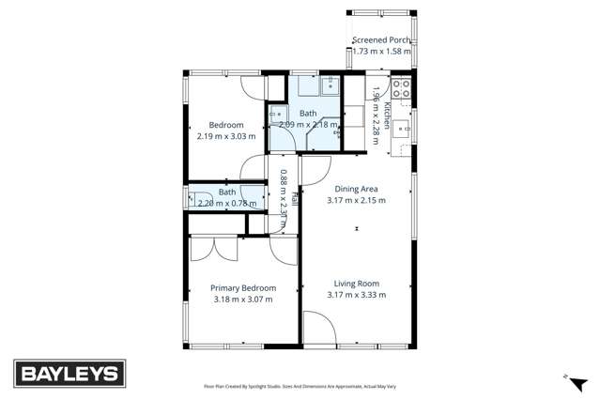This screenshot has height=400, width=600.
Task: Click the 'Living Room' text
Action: click(356, 284)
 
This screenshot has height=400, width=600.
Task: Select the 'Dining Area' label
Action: click(356, 188)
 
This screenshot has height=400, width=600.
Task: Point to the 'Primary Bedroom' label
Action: click(243, 288)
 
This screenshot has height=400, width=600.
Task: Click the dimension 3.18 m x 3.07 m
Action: click(243, 300)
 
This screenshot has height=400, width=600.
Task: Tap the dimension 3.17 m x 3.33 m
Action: click(356, 295)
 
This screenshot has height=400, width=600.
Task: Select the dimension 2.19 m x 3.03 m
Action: click(226, 136)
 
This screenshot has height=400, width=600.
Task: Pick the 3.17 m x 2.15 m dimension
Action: click(356, 199)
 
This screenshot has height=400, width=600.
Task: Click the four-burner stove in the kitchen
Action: click(402, 90)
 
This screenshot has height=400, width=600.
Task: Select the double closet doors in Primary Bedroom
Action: click(215, 249)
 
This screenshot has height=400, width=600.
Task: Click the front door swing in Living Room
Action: click(317, 331)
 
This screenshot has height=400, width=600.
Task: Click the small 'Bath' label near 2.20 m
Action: click(226, 192)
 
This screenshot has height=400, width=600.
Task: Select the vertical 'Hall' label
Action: click(294, 198)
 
